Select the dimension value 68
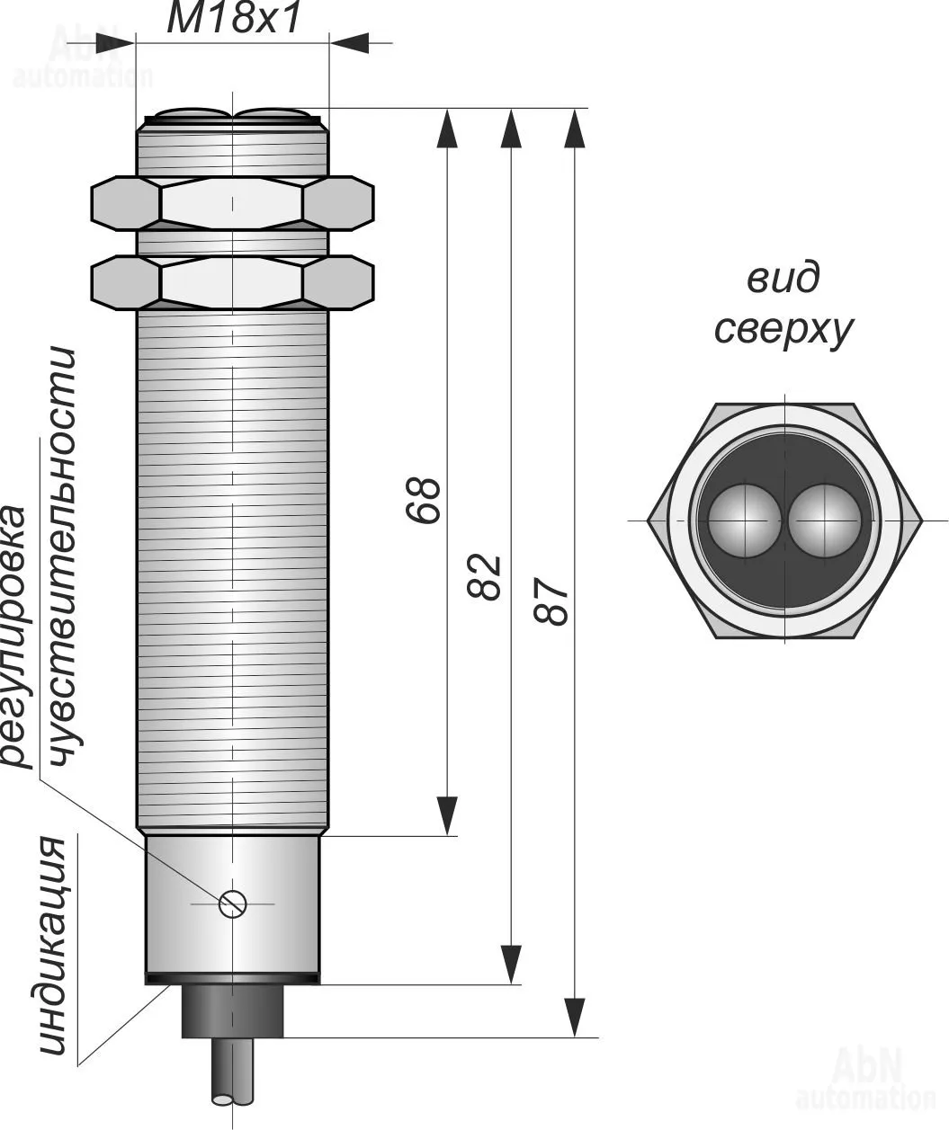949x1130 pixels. (x=424, y=499)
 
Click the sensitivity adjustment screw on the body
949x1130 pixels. (x=232, y=903)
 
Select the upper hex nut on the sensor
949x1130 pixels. (x=232, y=201)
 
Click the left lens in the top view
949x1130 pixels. (x=742, y=521)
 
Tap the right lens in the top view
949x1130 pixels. (x=823, y=521)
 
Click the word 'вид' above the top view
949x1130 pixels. (x=783, y=279)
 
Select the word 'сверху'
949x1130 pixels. (x=783, y=330)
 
